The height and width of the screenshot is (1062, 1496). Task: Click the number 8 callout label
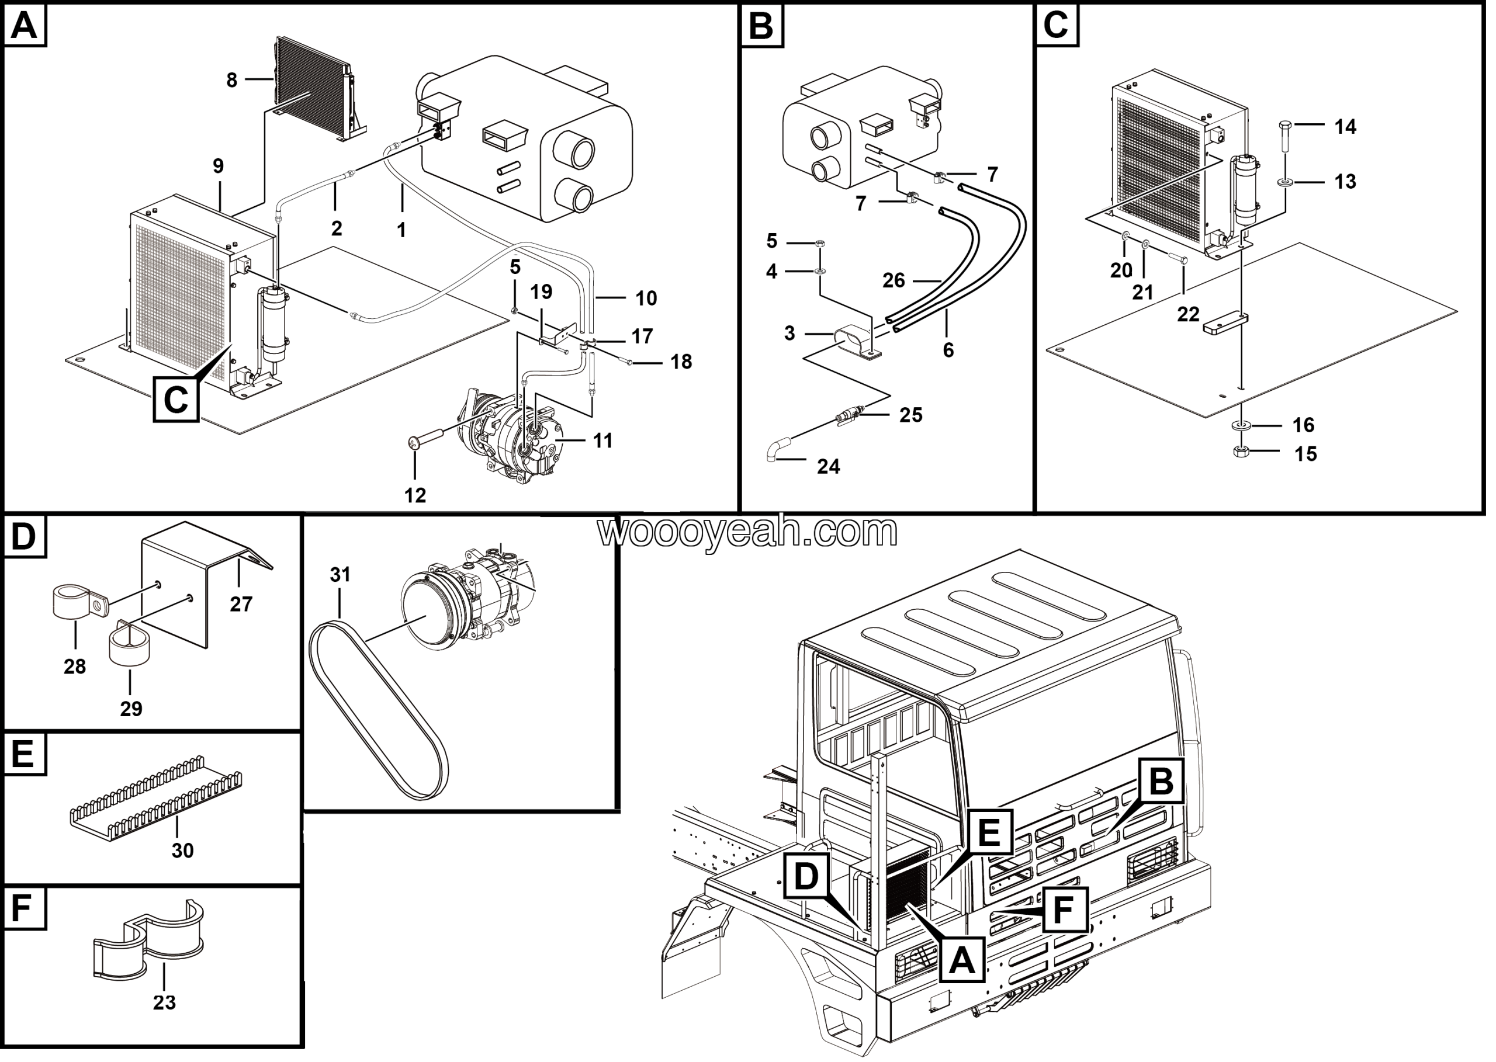pyautogui.click(x=231, y=81)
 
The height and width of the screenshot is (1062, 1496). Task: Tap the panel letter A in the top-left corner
pyautogui.click(x=25, y=27)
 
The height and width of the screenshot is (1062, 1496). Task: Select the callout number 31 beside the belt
pyautogui.click(x=340, y=575)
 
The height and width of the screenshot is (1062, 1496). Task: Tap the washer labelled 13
pyautogui.click(x=1284, y=181)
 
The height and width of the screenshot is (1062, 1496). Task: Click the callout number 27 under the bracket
pyautogui.click(x=241, y=603)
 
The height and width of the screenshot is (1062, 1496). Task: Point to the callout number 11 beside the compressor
pyautogui.click(x=602, y=441)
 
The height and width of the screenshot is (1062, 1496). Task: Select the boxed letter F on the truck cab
pyautogui.click(x=1064, y=910)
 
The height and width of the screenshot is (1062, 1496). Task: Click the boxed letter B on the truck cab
pyautogui.click(x=1161, y=780)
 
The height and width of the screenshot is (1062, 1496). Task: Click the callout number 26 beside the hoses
pyautogui.click(x=894, y=280)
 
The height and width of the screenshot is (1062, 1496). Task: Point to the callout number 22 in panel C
pyautogui.click(x=1188, y=314)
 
